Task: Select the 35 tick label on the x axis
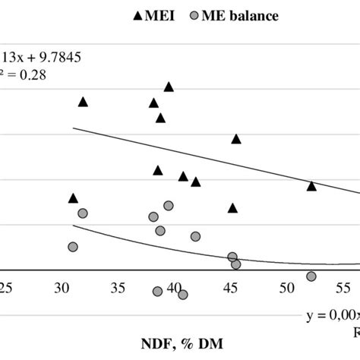pos(118,288)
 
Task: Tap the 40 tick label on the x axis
pos(174,288)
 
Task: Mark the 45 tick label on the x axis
pos(230,288)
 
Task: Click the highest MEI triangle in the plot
pos(169,87)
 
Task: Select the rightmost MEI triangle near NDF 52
pos(311,186)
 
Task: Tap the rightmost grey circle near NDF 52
pos(311,276)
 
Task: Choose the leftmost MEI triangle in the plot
pos(73,198)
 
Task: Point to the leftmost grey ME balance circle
pos(73,247)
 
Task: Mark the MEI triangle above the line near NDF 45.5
pos(236,139)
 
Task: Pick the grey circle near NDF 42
pos(195,237)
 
